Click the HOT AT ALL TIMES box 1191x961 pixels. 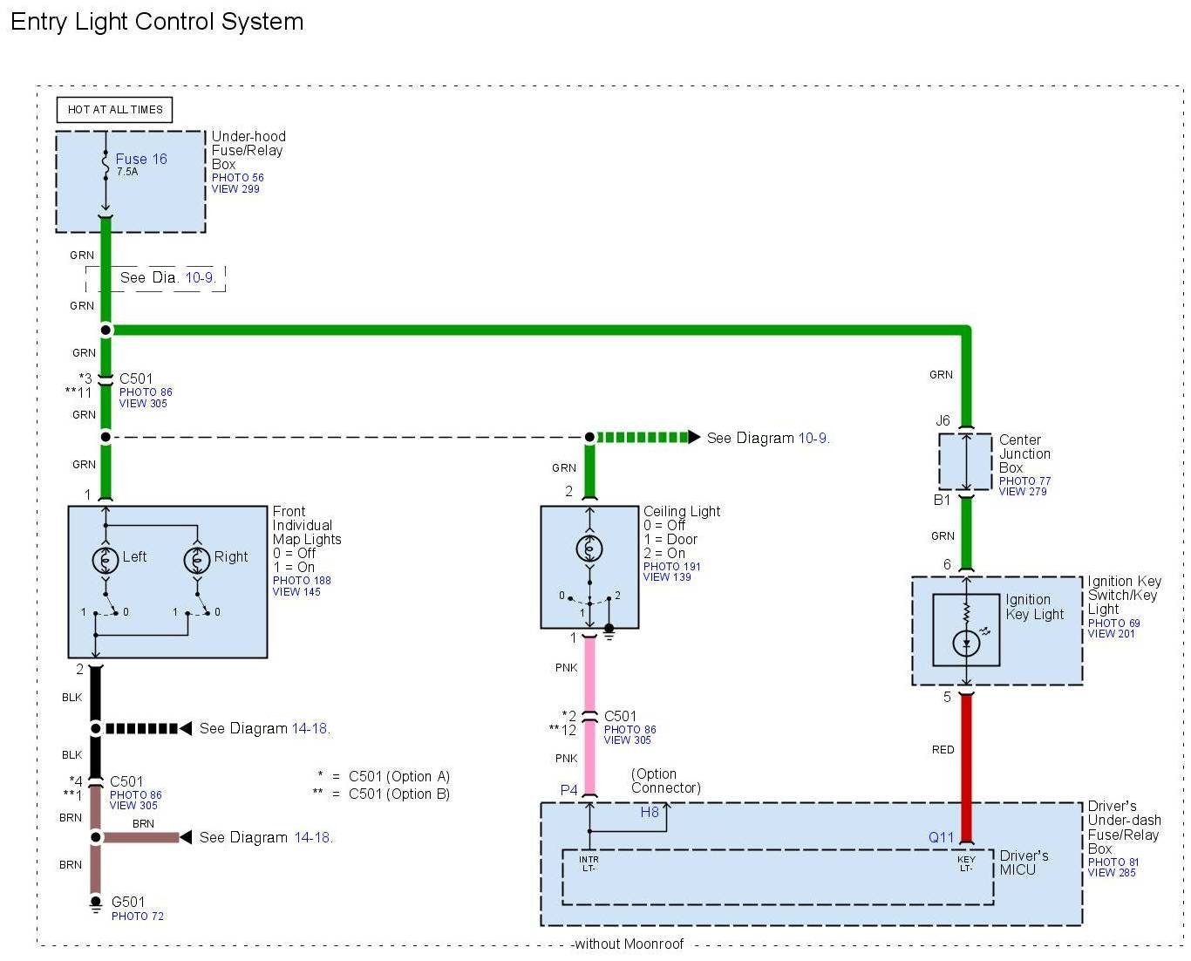click(x=115, y=109)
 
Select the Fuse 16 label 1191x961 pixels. click(x=141, y=159)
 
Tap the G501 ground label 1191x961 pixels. click(x=128, y=902)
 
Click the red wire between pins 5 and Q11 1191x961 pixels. click(x=966, y=767)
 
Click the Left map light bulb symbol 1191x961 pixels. click(x=105, y=559)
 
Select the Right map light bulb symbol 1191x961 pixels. click(x=197, y=559)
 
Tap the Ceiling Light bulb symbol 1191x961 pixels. click(x=589, y=548)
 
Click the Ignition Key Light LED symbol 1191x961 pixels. click(x=966, y=644)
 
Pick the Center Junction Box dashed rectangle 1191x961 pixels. click(x=965, y=461)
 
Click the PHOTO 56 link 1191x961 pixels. click(x=237, y=177)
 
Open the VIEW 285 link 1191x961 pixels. click(x=1112, y=872)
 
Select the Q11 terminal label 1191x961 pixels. click(x=941, y=838)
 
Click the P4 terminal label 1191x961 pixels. click(x=568, y=790)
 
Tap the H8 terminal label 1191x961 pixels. click(x=650, y=812)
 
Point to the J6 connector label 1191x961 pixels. click(x=943, y=420)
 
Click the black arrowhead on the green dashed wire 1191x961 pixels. click(x=694, y=437)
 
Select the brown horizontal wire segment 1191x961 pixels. click(x=140, y=837)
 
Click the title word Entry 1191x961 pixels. click(x=38, y=22)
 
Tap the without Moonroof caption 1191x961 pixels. click(x=630, y=944)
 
